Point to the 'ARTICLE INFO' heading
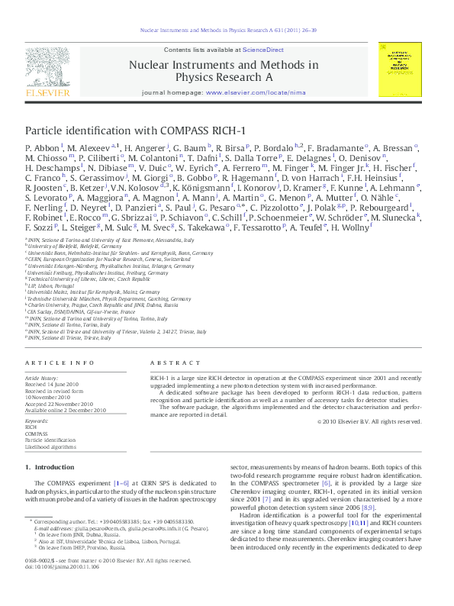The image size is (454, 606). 52,362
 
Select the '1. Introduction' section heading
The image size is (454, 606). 49,466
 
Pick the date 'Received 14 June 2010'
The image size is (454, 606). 59,384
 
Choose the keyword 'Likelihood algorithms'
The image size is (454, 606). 50,446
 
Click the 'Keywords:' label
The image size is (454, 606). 37,421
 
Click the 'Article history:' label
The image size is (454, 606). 43,377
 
